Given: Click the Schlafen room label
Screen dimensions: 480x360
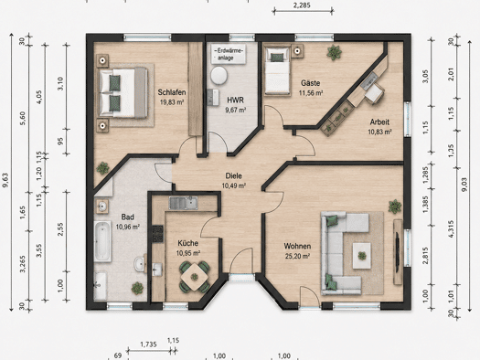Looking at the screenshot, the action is (x=172, y=92).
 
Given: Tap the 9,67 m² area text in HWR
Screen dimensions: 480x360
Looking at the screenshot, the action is (x=236, y=111).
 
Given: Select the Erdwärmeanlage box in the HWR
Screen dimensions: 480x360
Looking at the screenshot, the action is (x=229, y=54).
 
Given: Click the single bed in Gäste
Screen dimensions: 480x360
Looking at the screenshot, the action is (x=277, y=71).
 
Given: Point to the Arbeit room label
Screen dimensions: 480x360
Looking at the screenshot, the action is (x=379, y=122).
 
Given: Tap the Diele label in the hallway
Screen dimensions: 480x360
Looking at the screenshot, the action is (x=233, y=175).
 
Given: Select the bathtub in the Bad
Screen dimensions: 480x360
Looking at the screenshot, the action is (x=102, y=241).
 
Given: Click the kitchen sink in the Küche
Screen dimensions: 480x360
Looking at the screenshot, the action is (x=184, y=203).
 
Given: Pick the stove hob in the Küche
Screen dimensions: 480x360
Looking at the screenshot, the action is (x=158, y=234).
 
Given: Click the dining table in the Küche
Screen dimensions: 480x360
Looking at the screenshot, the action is (x=195, y=278).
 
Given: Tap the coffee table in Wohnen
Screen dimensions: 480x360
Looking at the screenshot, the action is (x=362, y=256).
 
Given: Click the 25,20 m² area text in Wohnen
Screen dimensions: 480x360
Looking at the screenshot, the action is (x=297, y=256).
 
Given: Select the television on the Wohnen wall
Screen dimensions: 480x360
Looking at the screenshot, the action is (x=398, y=251).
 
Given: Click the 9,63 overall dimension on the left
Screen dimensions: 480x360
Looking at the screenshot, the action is (x=5, y=181).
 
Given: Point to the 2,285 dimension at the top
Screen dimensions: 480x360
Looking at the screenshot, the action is (x=302, y=5).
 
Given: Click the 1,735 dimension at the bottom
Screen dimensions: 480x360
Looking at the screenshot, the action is (x=149, y=344).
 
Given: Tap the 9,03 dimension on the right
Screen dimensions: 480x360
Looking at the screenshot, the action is (x=464, y=185).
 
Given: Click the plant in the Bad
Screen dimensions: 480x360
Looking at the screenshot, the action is (x=137, y=288).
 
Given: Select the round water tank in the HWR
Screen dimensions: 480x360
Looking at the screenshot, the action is (x=219, y=75).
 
